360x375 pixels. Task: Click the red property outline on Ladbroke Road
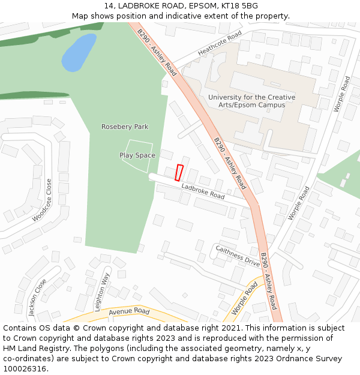[179, 172]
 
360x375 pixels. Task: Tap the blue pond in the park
[78, 53]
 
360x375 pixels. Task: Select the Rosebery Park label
[125, 127]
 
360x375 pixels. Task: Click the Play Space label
[137, 155]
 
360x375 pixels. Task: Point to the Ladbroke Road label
[203, 191]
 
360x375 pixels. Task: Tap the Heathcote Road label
[219, 43]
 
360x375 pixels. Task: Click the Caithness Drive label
[238, 256]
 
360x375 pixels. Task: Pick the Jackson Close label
[37, 297]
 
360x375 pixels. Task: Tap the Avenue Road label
[129, 312]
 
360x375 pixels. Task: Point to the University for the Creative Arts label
[251, 101]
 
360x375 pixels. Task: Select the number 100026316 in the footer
[25, 369]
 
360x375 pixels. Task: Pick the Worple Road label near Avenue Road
[244, 298]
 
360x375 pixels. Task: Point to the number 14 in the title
[109, 6]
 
